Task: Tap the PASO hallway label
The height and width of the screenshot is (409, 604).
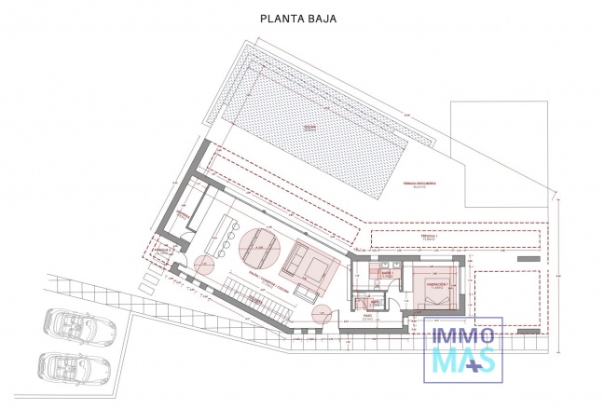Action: (369, 316)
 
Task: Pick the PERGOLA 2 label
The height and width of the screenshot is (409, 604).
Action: (161, 250)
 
